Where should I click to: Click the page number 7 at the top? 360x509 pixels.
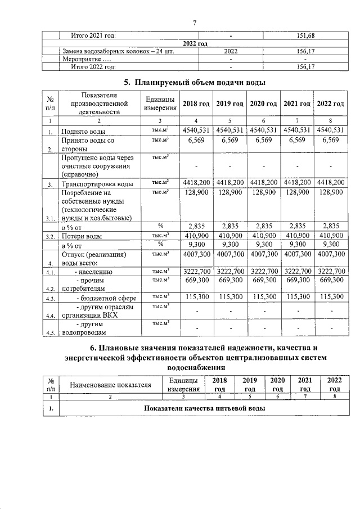coord(195,22)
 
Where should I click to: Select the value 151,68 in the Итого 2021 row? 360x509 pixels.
coord(305,36)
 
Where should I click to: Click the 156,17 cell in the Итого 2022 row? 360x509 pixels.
coord(305,66)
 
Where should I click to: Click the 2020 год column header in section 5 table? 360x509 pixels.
coord(264,104)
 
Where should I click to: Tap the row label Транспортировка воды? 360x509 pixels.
coord(97,184)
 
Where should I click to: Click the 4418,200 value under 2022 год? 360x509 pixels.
coord(330,183)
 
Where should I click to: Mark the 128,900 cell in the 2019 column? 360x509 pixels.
coord(230,192)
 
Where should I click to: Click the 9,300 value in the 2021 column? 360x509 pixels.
coord(297,245)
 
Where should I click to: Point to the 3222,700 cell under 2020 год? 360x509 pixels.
coord(264,272)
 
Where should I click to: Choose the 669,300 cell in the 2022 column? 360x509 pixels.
coord(330,280)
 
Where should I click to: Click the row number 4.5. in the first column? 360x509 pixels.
coord(49,332)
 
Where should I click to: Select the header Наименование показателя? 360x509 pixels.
coord(111,385)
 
